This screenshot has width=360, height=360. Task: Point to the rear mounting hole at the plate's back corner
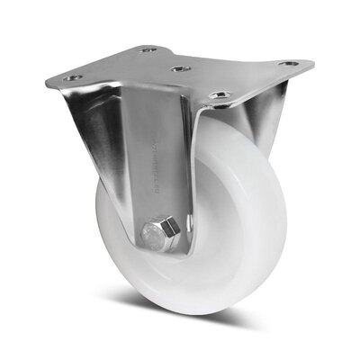148,50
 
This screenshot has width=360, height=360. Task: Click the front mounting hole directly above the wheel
216,94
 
